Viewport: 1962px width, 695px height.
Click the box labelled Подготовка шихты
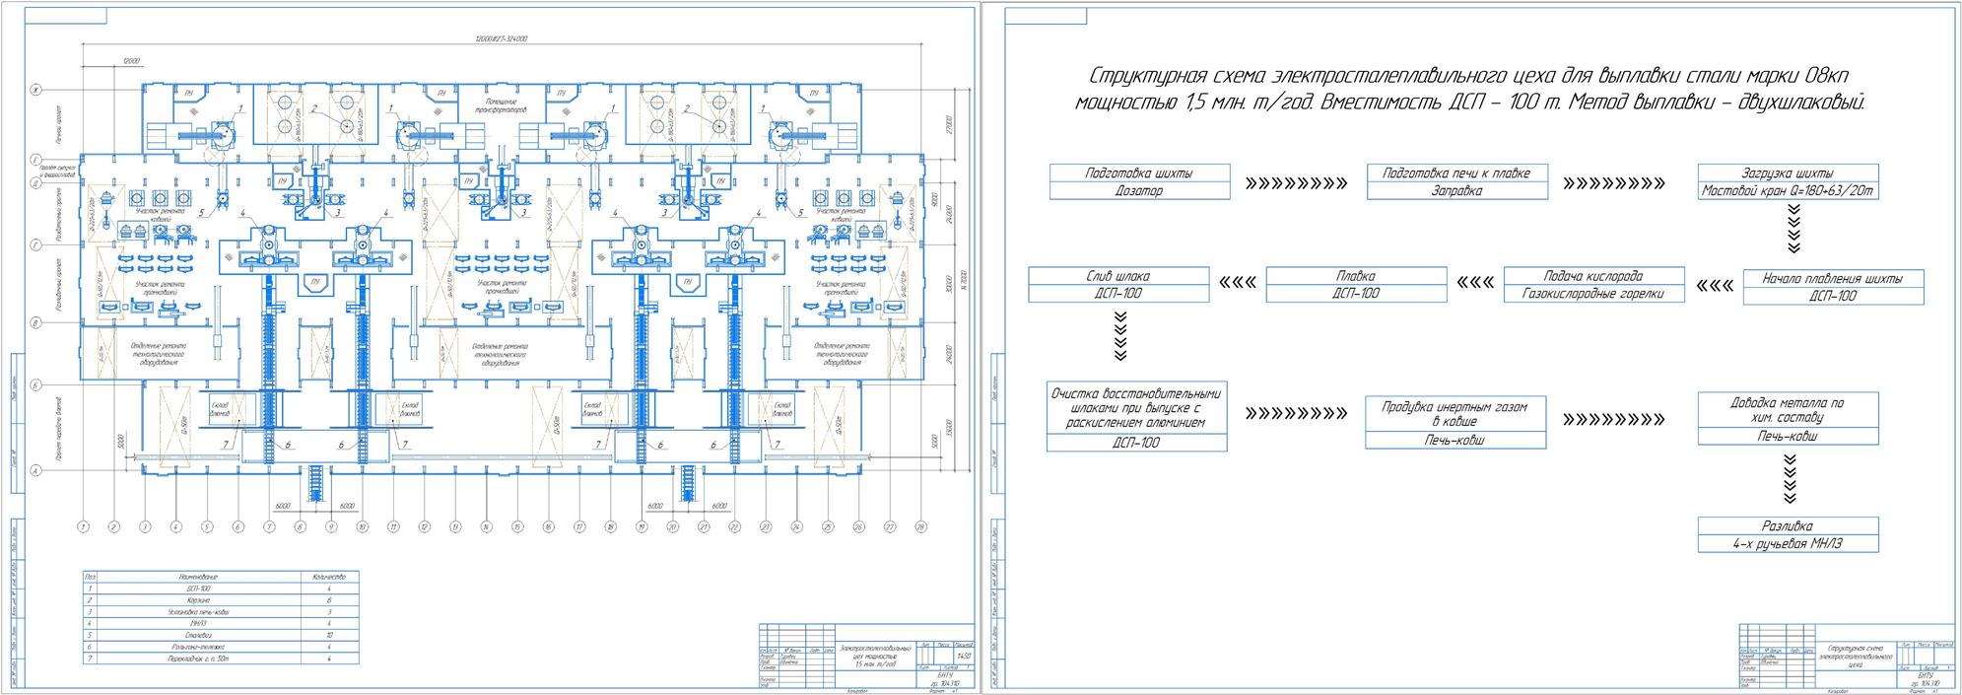tap(1139, 181)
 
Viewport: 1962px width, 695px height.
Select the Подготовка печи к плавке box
tap(1456, 181)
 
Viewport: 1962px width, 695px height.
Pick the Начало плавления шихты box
tap(1833, 287)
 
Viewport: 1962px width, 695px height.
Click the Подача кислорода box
tap(1593, 284)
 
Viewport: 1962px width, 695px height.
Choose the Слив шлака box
tap(1118, 284)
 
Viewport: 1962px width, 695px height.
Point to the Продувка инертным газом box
tap(1455, 423)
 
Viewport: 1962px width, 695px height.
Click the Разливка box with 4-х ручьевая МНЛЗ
tap(1788, 534)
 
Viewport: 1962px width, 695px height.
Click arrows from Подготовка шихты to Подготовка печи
tap(1296, 183)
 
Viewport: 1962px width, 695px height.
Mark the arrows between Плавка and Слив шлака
tap(1237, 284)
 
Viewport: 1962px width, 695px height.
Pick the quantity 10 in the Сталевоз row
tap(330, 636)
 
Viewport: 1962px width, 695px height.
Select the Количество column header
tap(330, 576)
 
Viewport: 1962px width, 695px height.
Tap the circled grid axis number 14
tap(485, 527)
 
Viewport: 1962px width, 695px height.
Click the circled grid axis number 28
tap(918, 527)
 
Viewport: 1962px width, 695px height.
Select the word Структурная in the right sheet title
tap(1133, 77)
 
